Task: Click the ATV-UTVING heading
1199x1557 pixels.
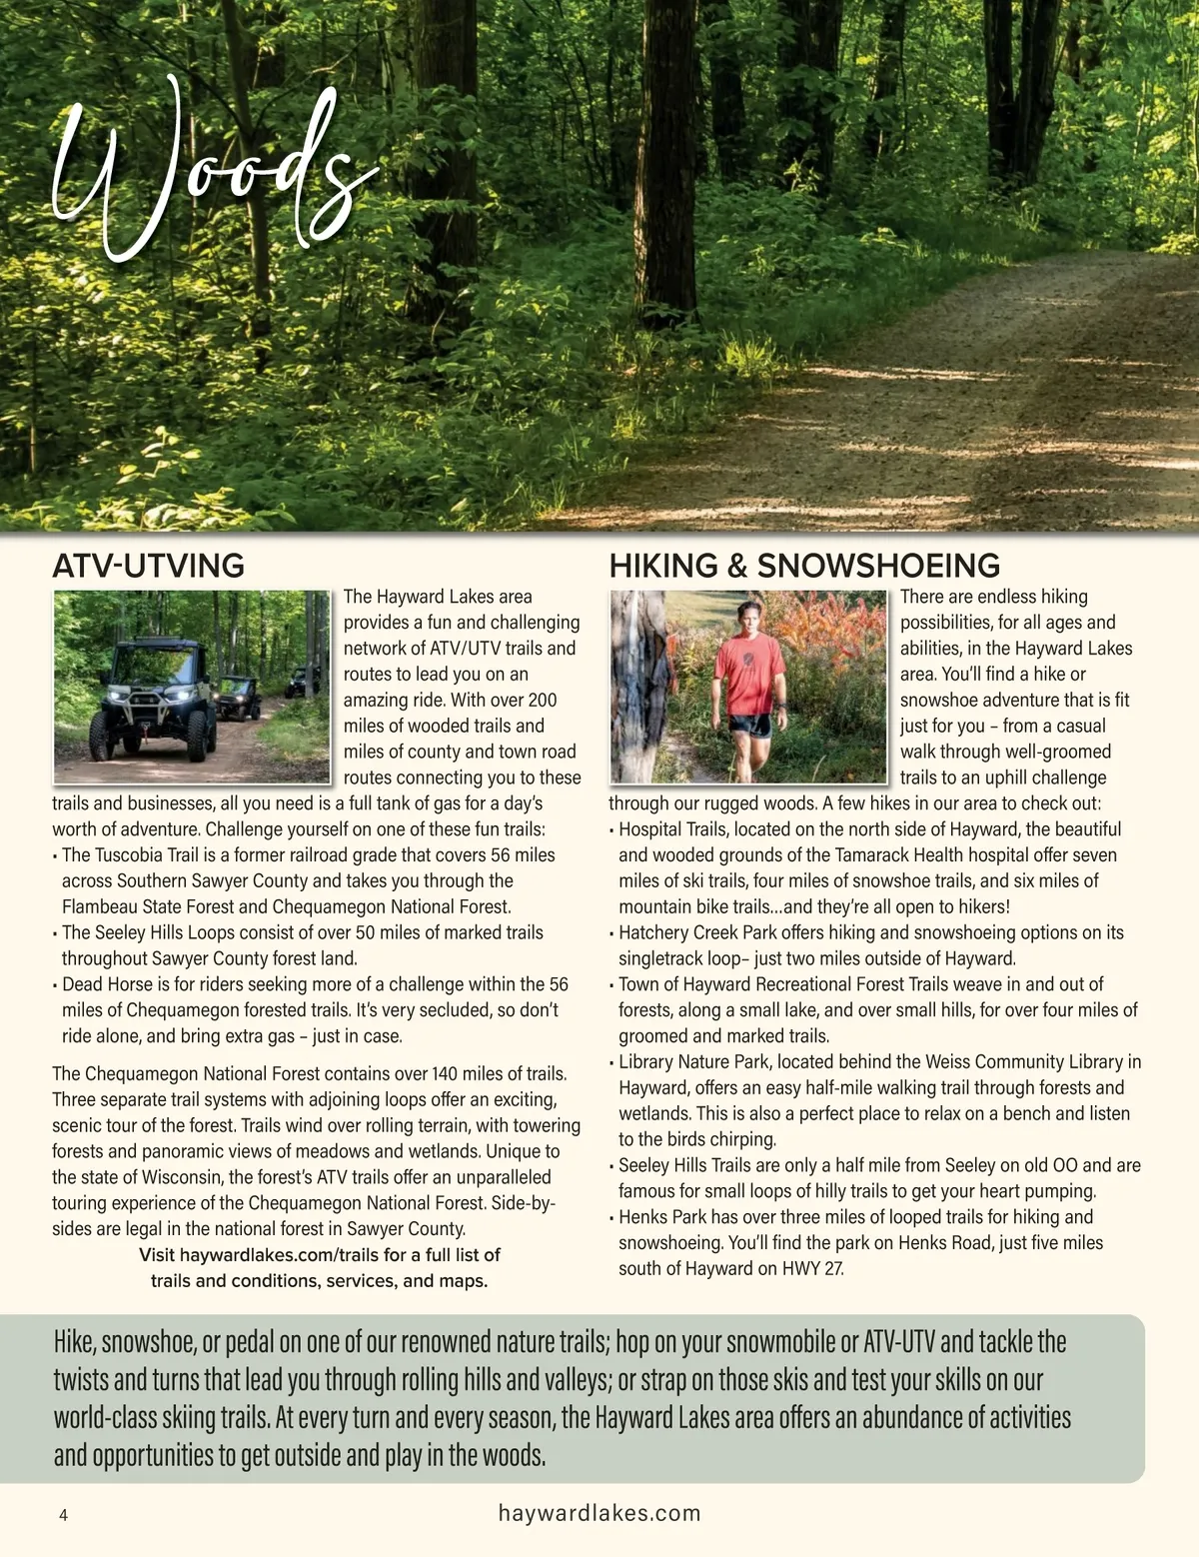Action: click(x=148, y=566)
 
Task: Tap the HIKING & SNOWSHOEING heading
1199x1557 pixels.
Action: click(x=804, y=566)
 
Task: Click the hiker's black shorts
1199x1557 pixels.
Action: click(x=749, y=725)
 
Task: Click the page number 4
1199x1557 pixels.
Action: click(x=64, y=1515)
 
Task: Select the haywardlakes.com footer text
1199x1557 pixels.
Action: click(x=599, y=1513)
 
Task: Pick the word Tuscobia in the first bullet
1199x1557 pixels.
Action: click(x=134, y=855)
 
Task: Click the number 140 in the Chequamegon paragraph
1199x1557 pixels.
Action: click(x=444, y=1074)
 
